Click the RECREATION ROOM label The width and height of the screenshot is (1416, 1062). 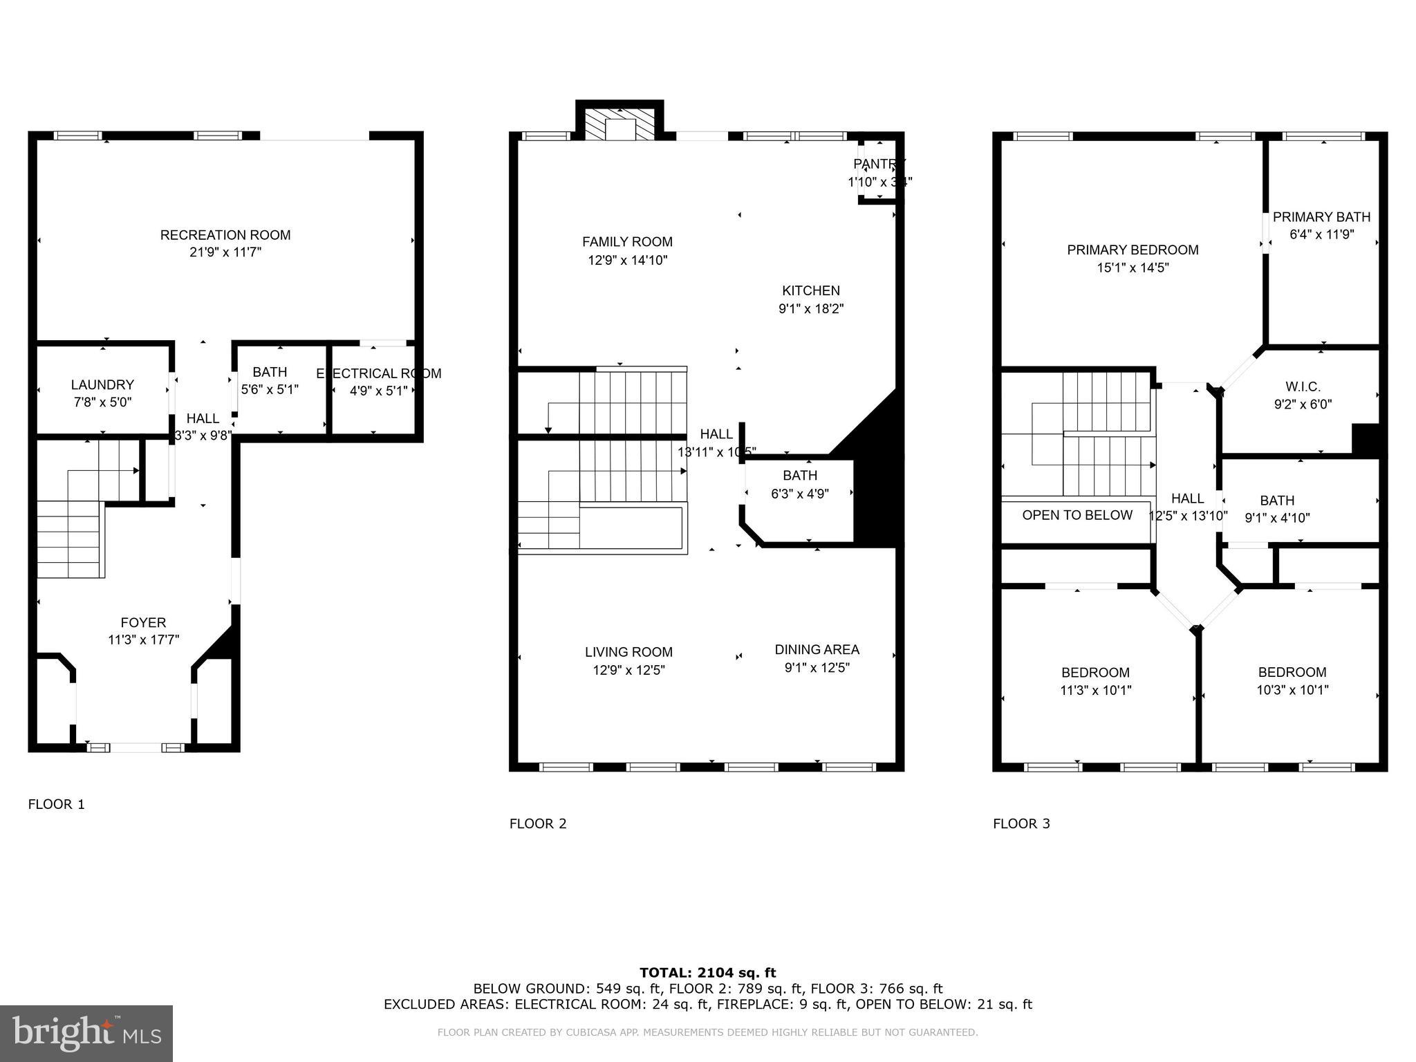pyautogui.click(x=225, y=235)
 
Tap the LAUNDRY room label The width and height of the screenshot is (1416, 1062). pyautogui.click(x=102, y=384)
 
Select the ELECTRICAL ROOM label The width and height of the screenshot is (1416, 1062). pyautogui.click(x=378, y=373)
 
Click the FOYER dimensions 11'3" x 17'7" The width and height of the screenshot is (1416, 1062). pyautogui.click(x=143, y=640)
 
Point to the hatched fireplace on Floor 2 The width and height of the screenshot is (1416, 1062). pyautogui.click(x=619, y=124)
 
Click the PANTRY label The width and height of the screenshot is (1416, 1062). pyautogui.click(x=879, y=164)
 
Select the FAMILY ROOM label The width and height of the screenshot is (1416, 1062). pyautogui.click(x=627, y=242)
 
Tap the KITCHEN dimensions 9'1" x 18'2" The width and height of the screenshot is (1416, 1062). pyautogui.click(x=811, y=308)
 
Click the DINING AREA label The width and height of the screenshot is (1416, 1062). pyautogui.click(x=817, y=649)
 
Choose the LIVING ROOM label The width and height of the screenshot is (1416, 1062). pyautogui.click(x=628, y=652)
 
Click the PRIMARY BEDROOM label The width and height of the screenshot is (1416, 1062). pyautogui.click(x=1133, y=250)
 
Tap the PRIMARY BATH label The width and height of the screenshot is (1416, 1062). pyautogui.click(x=1321, y=216)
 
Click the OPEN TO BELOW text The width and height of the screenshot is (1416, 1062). pyautogui.click(x=1077, y=515)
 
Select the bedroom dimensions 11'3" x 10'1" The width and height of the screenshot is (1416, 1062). pyautogui.click(x=1095, y=690)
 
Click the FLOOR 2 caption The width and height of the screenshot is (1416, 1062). pyautogui.click(x=538, y=823)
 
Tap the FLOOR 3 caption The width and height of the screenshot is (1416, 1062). pyautogui.click(x=1021, y=823)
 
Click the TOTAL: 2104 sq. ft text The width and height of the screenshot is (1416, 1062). pyautogui.click(x=707, y=973)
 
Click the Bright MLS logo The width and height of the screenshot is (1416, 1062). pyautogui.click(x=86, y=1033)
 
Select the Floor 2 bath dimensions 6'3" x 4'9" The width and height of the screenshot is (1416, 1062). pyautogui.click(x=800, y=494)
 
